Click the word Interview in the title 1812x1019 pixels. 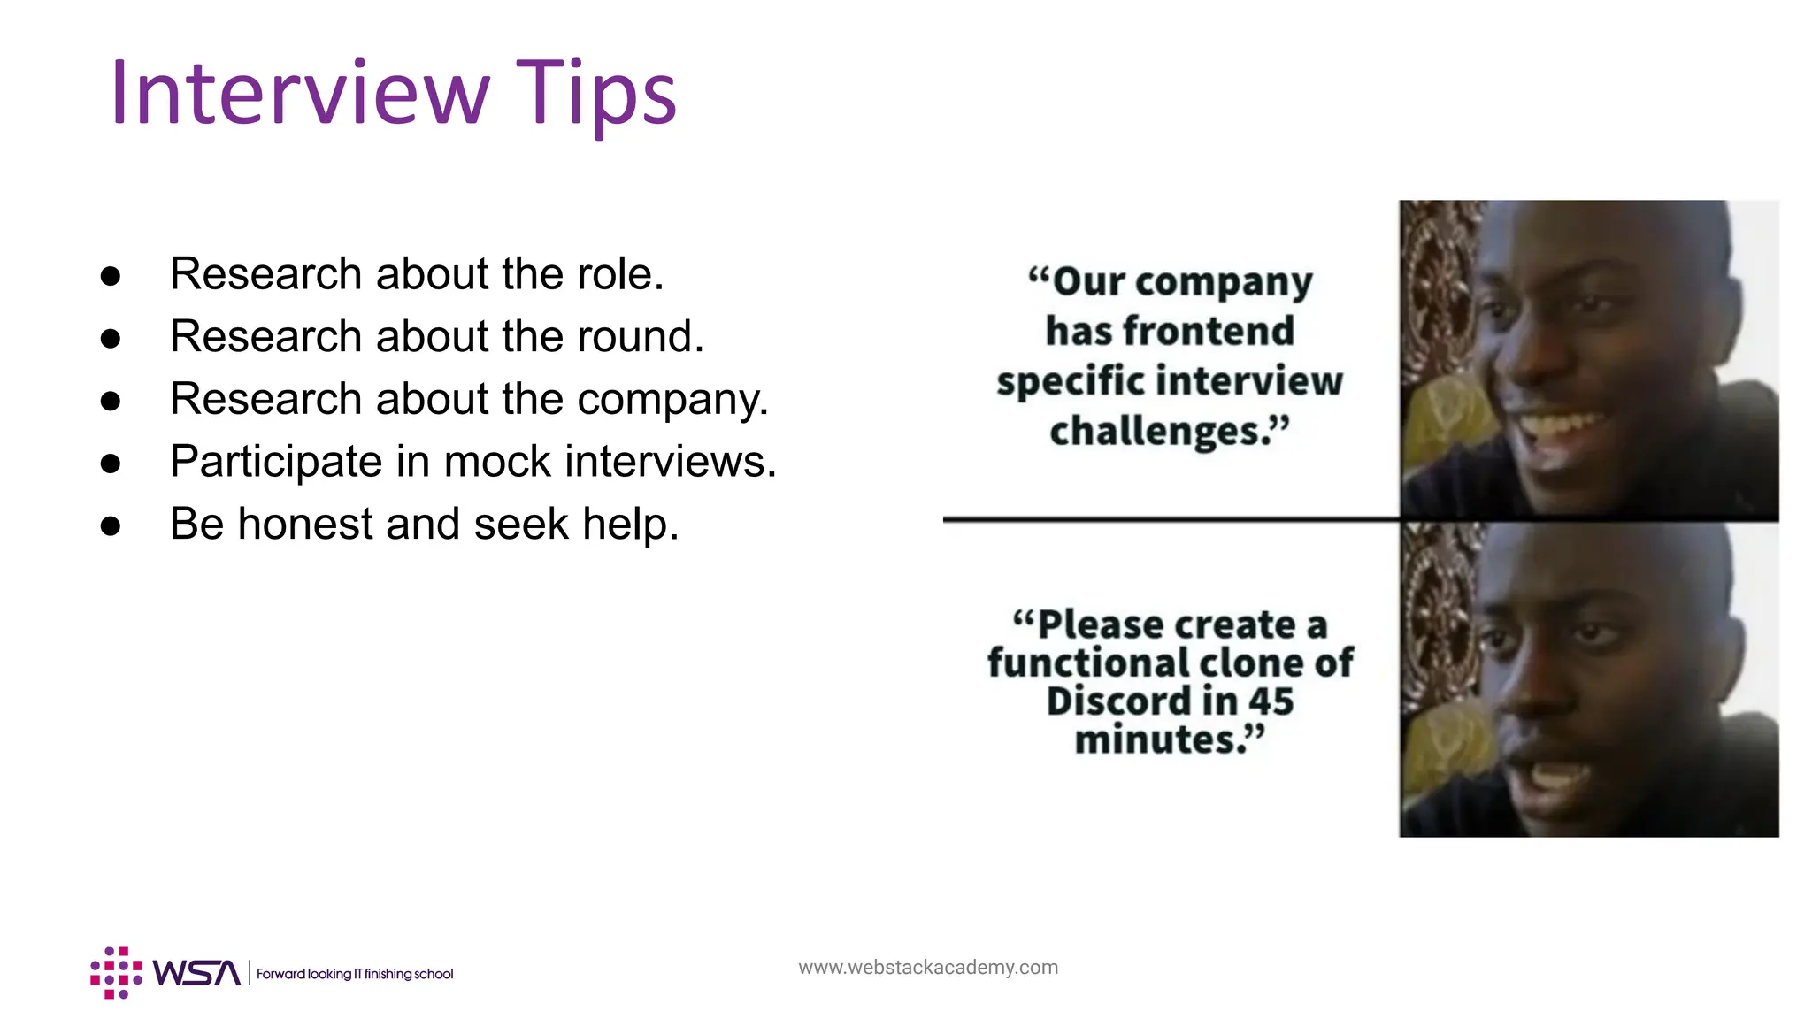click(299, 93)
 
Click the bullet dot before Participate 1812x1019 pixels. click(111, 464)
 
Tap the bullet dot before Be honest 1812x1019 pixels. click(111, 526)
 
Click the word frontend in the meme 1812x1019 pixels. click(1208, 332)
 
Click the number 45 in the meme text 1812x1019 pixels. click(1271, 701)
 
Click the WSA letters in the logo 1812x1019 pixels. click(196, 973)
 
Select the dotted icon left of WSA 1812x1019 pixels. click(116, 973)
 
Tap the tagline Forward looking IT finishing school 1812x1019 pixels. click(355, 974)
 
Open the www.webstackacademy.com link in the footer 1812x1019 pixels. click(927, 967)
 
